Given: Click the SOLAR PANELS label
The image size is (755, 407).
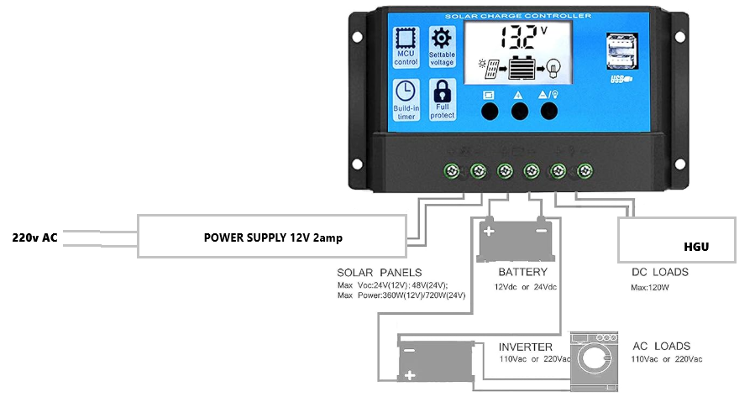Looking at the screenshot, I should click(x=379, y=273).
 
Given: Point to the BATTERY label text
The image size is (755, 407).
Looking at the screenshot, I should click(x=522, y=272).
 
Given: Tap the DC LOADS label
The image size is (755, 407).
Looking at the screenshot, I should click(x=660, y=272).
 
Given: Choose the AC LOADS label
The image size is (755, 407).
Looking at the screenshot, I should click(x=661, y=346).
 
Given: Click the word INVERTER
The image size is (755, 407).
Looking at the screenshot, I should click(x=526, y=347).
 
